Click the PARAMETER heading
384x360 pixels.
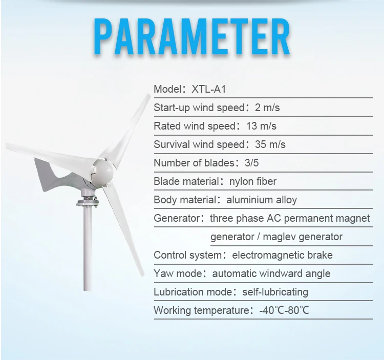click(x=192, y=36)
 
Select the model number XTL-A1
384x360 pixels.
click(x=209, y=89)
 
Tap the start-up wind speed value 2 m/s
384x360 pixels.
click(x=267, y=108)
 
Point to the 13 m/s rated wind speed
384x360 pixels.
click(x=261, y=126)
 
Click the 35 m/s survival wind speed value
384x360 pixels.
click(x=270, y=144)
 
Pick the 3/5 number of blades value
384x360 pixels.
click(x=251, y=163)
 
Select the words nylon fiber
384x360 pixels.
click(x=253, y=181)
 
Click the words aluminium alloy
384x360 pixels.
click(x=262, y=200)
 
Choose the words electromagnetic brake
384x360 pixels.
click(x=282, y=255)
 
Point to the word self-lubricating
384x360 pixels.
click(x=275, y=292)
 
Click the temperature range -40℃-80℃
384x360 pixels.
click(x=284, y=310)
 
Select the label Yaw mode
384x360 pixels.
click(x=178, y=273)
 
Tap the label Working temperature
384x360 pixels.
click(x=201, y=310)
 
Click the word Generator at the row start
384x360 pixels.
click(x=177, y=218)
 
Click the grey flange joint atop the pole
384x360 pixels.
click(x=88, y=202)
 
